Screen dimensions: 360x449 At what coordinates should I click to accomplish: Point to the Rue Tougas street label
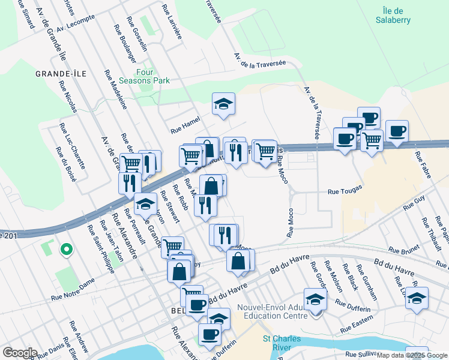point(342,192)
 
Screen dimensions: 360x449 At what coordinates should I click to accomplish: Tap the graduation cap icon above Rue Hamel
point(223,104)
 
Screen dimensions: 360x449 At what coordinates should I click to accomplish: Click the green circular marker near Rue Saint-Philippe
point(65,248)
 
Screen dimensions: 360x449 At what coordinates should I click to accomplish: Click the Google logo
point(19,352)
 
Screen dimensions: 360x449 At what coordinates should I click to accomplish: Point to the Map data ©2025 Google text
point(412,355)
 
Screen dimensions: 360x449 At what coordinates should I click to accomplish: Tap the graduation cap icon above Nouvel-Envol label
point(315,298)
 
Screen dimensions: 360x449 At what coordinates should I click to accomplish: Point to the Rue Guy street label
point(414,202)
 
